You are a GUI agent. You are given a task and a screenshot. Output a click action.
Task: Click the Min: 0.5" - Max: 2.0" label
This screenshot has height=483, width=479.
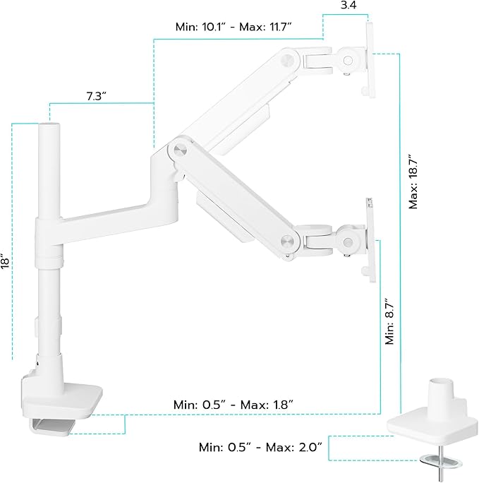pos(260,446)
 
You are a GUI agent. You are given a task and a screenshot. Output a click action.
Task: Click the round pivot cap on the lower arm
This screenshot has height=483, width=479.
pos(286,239)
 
